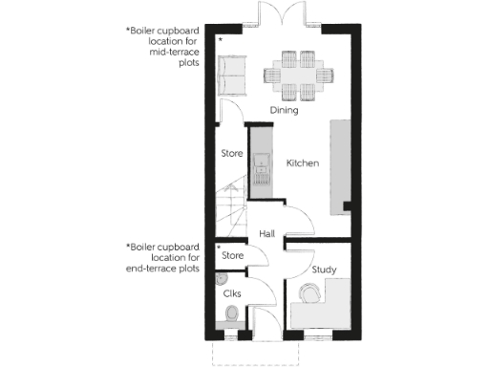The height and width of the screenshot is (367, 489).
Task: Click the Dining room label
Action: pyautogui.click(x=284, y=110)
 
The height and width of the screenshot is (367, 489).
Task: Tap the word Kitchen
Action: pyautogui.click(x=302, y=163)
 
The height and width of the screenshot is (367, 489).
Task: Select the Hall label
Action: pyautogui.click(x=268, y=233)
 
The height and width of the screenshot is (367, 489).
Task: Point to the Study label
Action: pyautogui.click(x=324, y=270)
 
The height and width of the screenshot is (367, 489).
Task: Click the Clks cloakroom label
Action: pyautogui.click(x=231, y=293)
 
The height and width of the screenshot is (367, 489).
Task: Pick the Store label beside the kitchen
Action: pyautogui.click(x=231, y=153)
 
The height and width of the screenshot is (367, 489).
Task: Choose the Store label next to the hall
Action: pyautogui.click(x=234, y=255)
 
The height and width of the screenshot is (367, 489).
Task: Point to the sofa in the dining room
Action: pyautogui.click(x=231, y=74)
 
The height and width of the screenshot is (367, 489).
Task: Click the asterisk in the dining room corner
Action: pyautogui.click(x=220, y=39)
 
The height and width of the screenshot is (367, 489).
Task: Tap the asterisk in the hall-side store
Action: pyautogui.click(x=219, y=247)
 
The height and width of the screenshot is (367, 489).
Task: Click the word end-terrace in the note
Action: pyautogui.click(x=156, y=269)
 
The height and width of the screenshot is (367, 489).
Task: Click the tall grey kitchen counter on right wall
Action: pyautogui.click(x=342, y=162)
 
